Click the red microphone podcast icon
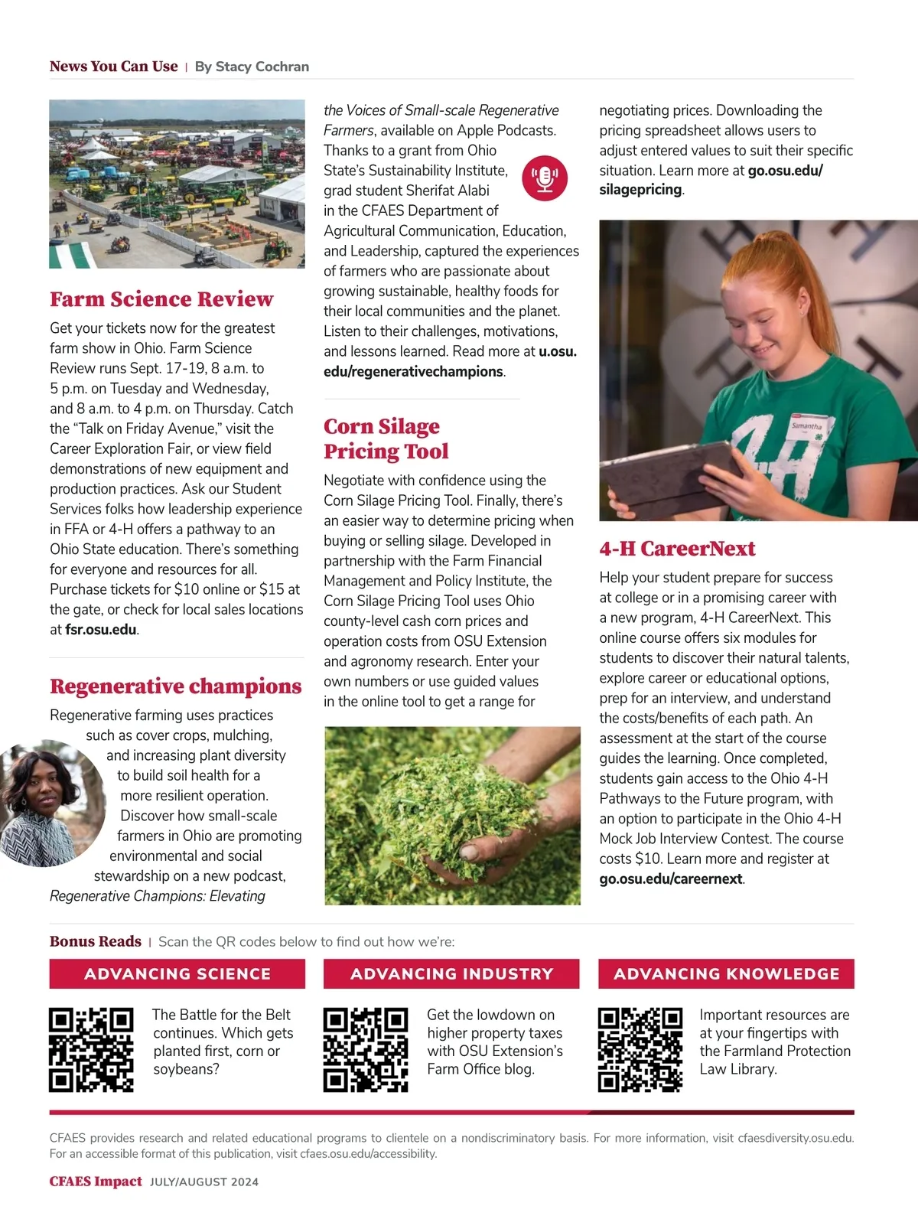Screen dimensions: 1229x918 tap(545, 178)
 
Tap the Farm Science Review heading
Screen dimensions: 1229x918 tap(161, 298)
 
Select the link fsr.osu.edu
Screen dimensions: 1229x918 tap(101, 630)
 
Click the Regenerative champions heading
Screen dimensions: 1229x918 tap(175, 686)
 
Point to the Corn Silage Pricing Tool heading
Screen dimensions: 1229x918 tap(386, 438)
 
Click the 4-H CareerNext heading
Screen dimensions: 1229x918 tap(677, 548)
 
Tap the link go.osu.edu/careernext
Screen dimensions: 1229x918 tap(671, 879)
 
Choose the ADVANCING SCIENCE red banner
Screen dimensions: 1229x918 tap(177, 973)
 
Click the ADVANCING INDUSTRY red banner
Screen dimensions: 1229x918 tap(451, 973)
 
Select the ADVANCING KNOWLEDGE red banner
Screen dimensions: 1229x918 tap(726, 973)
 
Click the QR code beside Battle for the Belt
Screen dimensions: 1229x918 tap(91, 1049)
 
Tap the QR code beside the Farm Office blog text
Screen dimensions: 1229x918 tap(366, 1049)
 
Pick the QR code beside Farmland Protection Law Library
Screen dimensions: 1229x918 tap(640, 1049)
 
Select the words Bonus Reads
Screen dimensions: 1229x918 tap(96, 941)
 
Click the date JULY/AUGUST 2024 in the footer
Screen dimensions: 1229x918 tap(204, 1182)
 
